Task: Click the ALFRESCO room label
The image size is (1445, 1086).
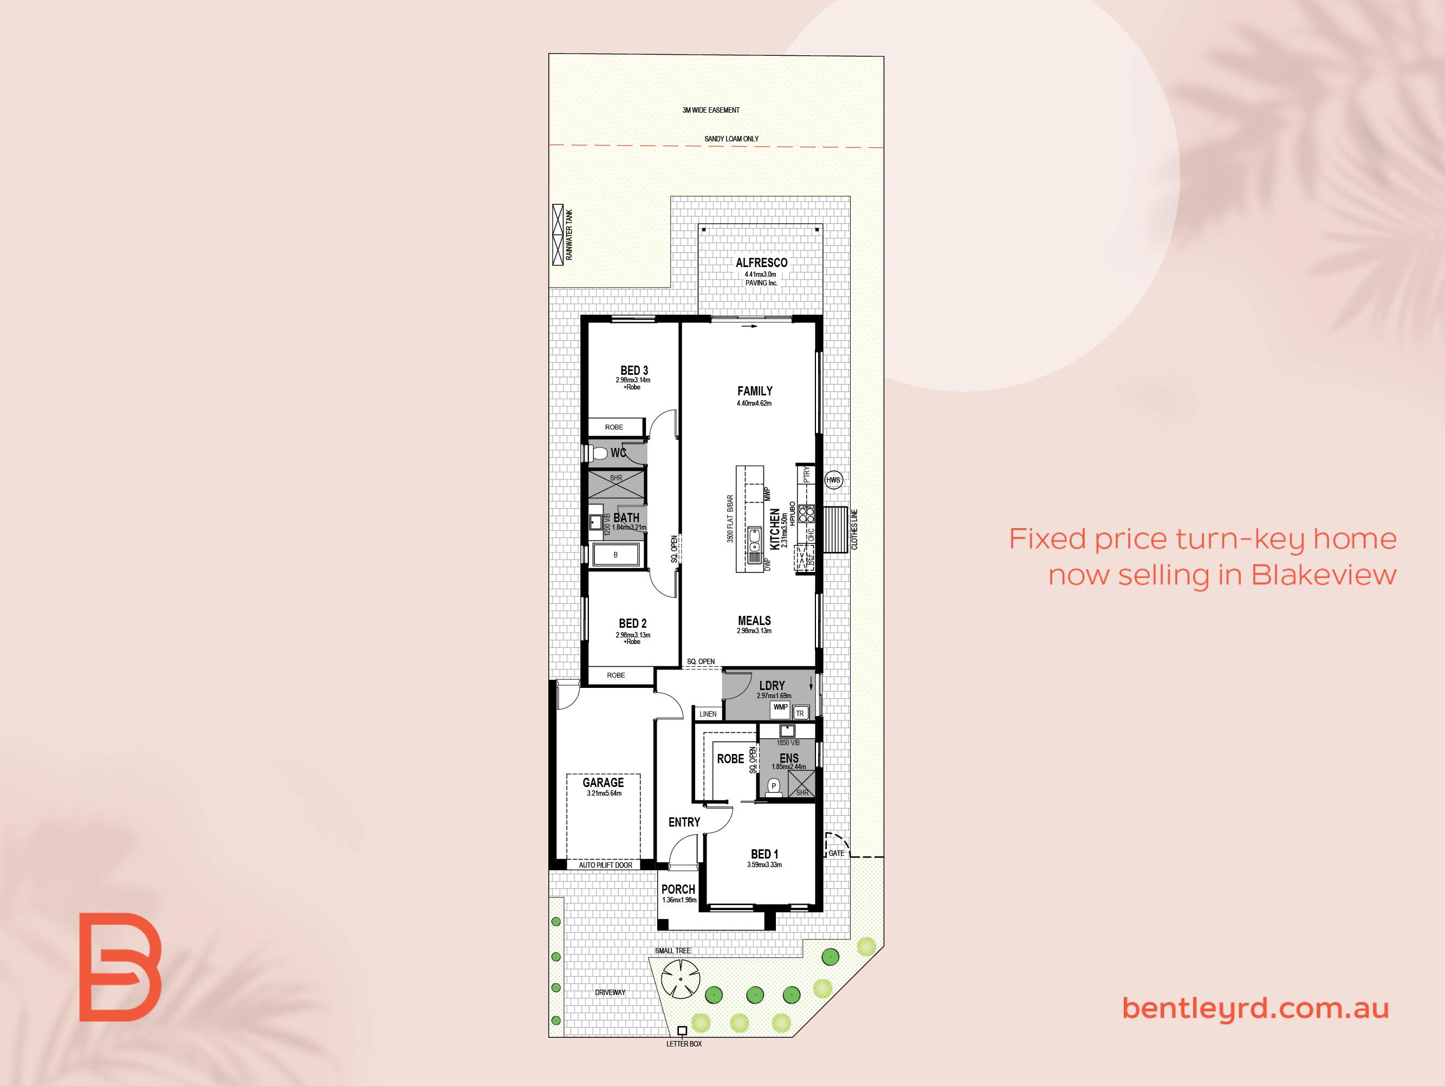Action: tap(762, 263)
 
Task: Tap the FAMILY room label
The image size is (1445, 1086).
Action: tap(755, 391)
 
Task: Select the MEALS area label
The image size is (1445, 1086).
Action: tap(755, 620)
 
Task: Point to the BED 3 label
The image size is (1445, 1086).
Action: tap(634, 371)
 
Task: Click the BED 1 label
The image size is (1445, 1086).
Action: tap(764, 854)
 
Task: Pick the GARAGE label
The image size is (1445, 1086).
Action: tap(603, 782)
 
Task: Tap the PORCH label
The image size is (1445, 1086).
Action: tap(678, 889)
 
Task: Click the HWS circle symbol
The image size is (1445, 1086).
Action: tap(833, 480)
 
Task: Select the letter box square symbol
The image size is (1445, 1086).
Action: tap(682, 1031)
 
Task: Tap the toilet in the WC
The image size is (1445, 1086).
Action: tap(598, 453)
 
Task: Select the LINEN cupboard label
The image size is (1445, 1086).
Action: tap(708, 714)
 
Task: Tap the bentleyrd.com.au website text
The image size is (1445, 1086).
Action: tap(1255, 1007)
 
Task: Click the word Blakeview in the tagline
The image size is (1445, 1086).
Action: tap(1324, 575)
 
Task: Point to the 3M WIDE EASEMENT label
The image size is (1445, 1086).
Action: tap(711, 110)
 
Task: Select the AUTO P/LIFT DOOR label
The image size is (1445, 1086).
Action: tap(606, 864)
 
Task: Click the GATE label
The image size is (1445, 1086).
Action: tap(836, 853)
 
